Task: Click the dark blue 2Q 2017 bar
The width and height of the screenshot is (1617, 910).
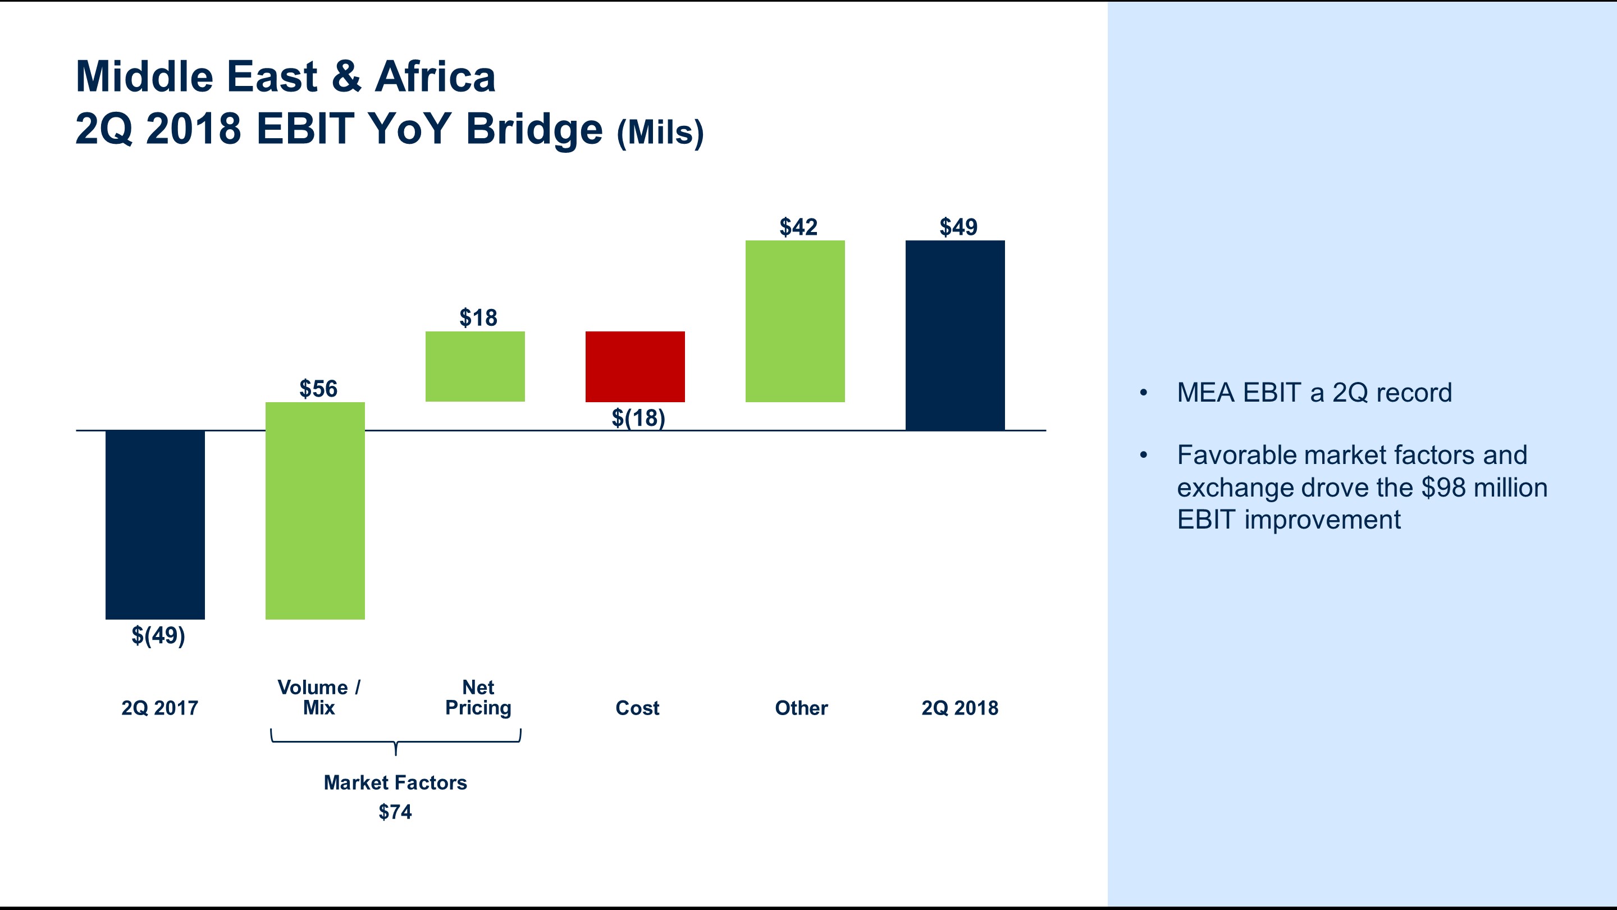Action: pos(155,525)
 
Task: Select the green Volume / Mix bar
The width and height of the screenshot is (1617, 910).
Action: pos(315,511)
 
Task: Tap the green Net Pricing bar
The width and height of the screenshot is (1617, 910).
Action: pos(475,366)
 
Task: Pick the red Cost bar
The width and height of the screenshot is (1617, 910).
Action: pos(634,366)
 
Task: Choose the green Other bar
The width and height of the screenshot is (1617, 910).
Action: pos(794,321)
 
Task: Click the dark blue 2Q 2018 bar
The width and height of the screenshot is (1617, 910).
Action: pos(954,335)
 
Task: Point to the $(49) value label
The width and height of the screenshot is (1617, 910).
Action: pos(158,635)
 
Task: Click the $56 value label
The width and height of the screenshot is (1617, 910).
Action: pos(318,389)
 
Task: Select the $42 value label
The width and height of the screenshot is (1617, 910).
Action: pos(798,227)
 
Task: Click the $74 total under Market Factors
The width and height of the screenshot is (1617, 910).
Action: pos(395,812)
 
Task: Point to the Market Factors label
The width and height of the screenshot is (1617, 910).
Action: pos(395,782)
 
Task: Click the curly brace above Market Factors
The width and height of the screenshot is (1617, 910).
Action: pos(395,741)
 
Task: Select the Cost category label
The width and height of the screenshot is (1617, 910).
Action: pos(637,708)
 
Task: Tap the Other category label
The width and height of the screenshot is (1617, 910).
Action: pos(801,708)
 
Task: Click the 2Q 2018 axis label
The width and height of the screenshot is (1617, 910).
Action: pos(959,708)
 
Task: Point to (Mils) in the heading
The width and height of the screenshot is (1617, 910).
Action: pos(660,133)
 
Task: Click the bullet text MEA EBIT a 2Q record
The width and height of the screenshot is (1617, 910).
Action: pos(1314,393)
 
